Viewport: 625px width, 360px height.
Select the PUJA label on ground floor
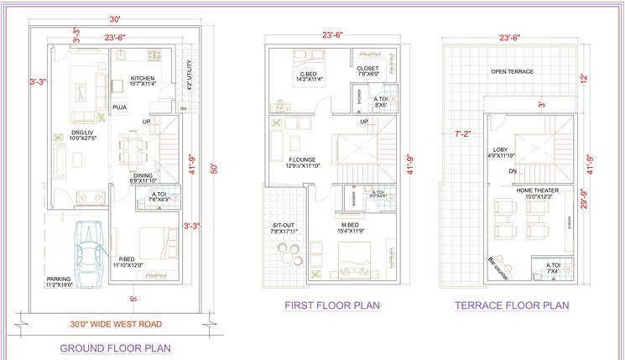coord(120,107)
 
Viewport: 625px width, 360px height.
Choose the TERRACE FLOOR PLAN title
coord(512,305)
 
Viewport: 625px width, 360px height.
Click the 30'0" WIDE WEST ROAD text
coord(116,324)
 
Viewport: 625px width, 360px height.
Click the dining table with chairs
coord(132,152)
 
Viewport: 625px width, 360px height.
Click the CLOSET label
coord(368,70)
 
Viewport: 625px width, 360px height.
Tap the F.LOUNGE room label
coord(300,160)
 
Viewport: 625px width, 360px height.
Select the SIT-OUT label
coord(284,227)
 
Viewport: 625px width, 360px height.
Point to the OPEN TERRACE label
coord(512,73)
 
